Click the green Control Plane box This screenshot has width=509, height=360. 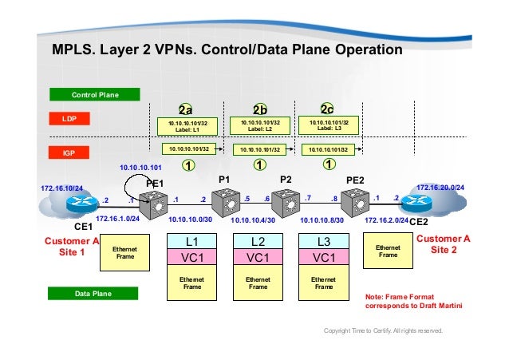point(95,95)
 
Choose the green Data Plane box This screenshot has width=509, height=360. point(95,295)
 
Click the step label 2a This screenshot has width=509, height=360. point(186,110)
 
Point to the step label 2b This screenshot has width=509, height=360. point(259,110)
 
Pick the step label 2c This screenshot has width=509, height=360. point(327,110)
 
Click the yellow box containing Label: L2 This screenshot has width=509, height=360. point(259,125)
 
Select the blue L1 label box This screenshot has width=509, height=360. point(192,240)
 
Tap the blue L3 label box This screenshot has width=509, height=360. point(324,240)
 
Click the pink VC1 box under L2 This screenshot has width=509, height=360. point(258,258)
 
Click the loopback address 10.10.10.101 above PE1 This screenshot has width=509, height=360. point(140,168)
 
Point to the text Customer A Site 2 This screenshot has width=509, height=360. point(444,244)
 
